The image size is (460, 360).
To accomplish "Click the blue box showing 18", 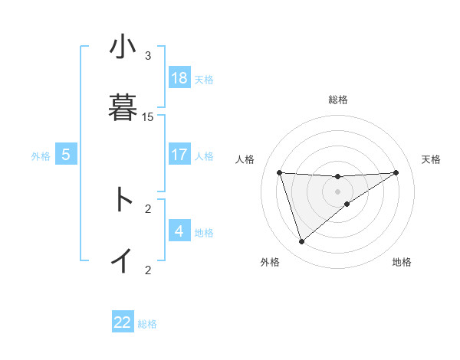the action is (179, 78).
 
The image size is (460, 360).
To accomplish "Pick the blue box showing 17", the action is (179, 155).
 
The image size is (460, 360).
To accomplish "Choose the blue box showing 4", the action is (179, 231).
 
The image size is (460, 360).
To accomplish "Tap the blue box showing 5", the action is (66, 155).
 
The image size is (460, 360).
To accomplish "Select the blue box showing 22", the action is (123, 322).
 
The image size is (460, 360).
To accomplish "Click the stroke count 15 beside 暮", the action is (148, 117).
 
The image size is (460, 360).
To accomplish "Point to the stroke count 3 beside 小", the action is (148, 56).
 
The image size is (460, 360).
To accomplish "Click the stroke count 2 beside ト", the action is (148, 208).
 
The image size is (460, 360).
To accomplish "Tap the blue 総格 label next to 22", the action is (147, 324).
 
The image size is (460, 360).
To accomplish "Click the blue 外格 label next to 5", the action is (41, 156).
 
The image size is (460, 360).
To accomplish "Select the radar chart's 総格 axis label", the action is (338, 100).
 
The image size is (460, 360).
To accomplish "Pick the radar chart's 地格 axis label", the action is (402, 263).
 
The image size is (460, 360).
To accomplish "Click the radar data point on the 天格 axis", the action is (396, 172).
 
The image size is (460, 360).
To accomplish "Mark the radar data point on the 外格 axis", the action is (301, 242).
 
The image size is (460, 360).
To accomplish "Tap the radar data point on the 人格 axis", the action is (280, 172).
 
